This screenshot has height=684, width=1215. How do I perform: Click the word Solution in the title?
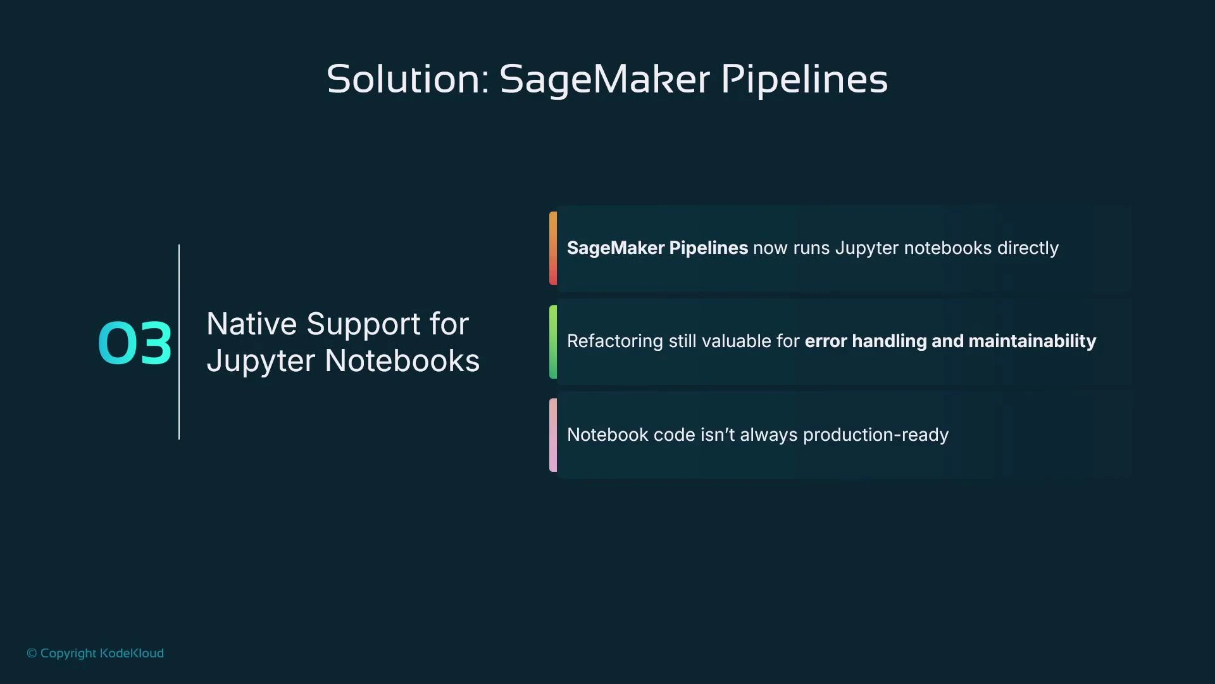coord(405,79)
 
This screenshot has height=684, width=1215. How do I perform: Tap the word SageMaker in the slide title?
coord(604,79)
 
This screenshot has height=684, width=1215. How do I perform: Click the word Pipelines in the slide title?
coord(804,79)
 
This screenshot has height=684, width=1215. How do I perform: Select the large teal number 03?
coord(135,343)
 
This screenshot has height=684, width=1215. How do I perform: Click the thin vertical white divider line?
coord(179,342)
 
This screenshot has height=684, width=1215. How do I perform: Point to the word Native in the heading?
coord(251,324)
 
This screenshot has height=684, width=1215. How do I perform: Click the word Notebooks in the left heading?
coord(402,361)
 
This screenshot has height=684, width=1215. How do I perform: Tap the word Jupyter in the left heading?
coord(261,361)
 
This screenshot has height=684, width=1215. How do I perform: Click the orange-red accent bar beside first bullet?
coord(553,248)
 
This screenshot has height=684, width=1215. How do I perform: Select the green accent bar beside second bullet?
coord(553,342)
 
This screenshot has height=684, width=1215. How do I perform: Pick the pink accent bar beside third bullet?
coord(553,435)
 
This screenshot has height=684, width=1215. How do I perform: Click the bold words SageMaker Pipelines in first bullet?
coord(657,248)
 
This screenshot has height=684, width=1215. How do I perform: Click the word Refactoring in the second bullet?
coord(614,341)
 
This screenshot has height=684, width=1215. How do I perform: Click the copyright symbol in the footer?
coord(32,653)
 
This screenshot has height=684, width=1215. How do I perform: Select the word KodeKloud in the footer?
coord(132,653)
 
